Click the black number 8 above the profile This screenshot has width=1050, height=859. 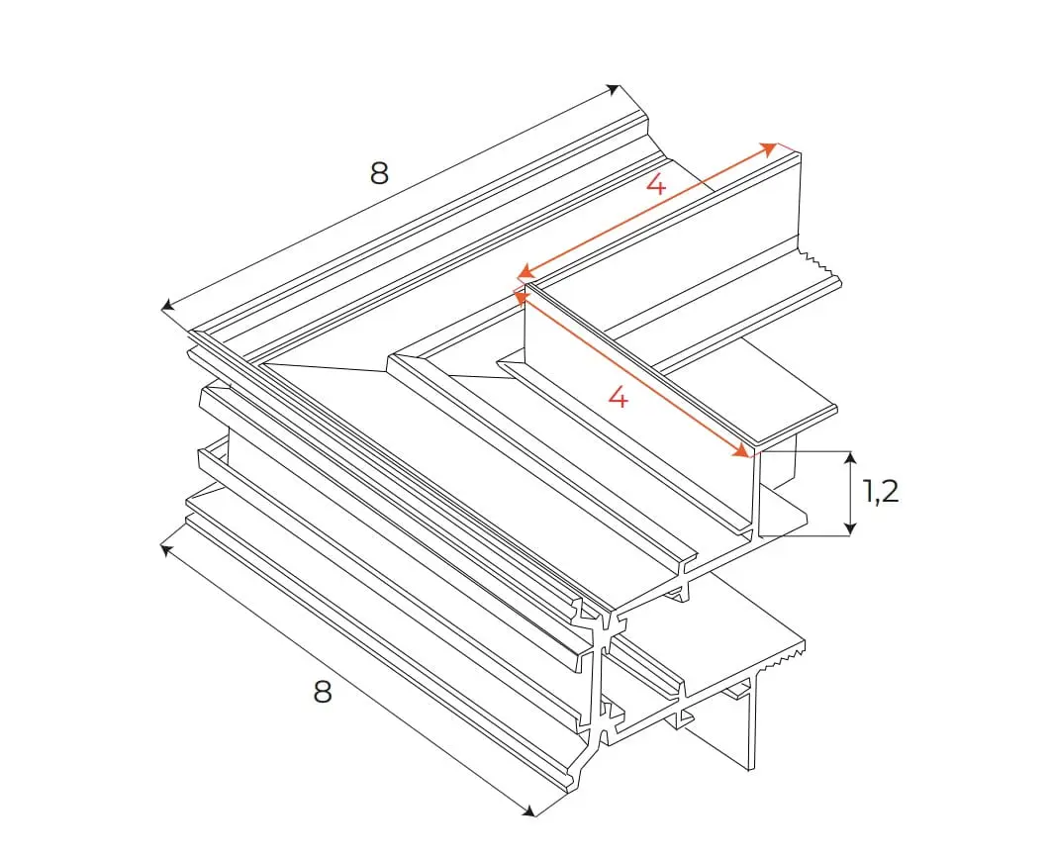(x=379, y=173)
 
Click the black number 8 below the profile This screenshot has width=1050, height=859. (x=322, y=692)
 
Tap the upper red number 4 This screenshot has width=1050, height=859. (x=656, y=183)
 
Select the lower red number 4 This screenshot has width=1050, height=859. (x=619, y=398)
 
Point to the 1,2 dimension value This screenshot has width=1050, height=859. (x=880, y=492)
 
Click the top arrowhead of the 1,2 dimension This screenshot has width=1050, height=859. (x=850, y=457)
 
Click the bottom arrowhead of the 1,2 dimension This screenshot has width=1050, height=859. (x=850, y=528)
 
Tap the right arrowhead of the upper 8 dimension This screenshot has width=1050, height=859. (x=613, y=90)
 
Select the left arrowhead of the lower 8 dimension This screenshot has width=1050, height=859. (x=167, y=550)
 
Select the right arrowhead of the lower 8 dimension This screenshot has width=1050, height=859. (x=528, y=811)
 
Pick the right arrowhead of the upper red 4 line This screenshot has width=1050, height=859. (x=769, y=148)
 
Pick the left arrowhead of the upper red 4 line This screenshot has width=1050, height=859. (x=526, y=272)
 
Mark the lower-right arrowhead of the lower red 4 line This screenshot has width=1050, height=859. (x=742, y=451)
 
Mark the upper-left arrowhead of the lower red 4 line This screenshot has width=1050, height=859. (x=521, y=296)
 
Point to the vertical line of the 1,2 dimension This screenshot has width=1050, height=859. (x=850, y=494)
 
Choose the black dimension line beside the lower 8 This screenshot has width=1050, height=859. (x=348, y=680)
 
